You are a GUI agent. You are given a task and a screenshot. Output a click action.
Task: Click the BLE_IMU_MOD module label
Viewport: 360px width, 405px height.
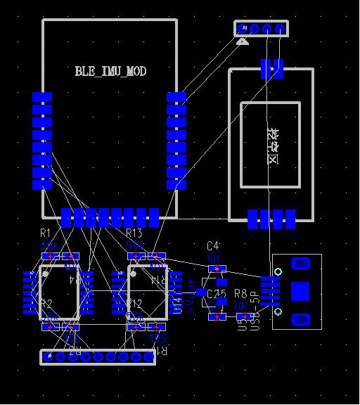tap(110, 71)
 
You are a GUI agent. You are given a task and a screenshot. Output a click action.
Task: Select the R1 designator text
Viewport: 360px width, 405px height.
tap(45, 233)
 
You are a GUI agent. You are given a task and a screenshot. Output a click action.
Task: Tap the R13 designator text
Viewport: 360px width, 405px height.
tap(134, 233)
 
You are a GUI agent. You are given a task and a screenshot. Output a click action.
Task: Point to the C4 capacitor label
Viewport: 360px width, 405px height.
tap(212, 245)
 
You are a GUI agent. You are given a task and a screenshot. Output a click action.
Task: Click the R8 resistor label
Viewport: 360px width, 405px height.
tap(240, 293)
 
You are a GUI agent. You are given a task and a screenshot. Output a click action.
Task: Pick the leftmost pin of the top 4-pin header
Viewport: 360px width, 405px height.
tap(243, 29)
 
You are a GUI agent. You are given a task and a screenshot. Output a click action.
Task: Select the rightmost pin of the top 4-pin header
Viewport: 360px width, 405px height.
tap(280, 29)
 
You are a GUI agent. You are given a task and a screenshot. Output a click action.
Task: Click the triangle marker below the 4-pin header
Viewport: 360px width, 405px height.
tap(243, 43)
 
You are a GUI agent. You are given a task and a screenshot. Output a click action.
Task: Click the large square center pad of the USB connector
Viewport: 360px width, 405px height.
tap(300, 290)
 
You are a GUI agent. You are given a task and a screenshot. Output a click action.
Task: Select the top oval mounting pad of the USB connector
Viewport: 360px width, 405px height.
tap(300, 264)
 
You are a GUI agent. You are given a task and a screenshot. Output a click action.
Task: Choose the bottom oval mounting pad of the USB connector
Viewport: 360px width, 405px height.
tap(300, 319)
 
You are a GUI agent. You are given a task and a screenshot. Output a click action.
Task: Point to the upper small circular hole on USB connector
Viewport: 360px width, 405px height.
tap(278, 271)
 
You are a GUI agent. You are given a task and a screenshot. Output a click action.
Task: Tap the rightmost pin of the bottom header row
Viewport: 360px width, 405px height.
tap(149, 357)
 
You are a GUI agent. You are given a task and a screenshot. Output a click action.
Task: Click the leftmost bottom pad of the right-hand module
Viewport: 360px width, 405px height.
tap(253, 219)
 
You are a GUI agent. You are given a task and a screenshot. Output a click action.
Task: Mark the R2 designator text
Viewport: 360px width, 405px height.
tap(46, 304)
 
